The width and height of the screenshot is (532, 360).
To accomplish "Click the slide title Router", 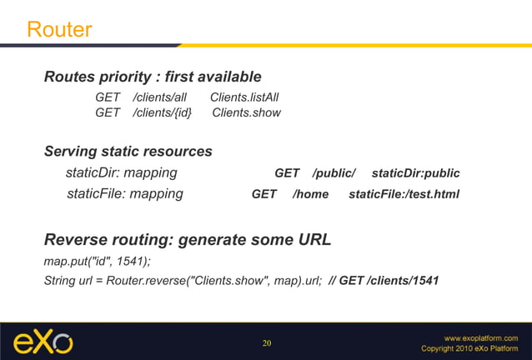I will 59,30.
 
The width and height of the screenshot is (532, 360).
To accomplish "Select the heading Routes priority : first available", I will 153,77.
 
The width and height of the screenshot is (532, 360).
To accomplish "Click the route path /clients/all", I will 160,97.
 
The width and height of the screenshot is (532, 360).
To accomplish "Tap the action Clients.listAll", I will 244,97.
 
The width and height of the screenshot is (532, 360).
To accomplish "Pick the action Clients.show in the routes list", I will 247,112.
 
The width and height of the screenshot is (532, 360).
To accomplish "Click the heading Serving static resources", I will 128,152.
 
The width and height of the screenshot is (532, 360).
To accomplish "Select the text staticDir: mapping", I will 121,173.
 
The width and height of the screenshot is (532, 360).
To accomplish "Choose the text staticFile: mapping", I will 125,194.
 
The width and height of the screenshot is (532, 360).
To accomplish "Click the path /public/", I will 334,173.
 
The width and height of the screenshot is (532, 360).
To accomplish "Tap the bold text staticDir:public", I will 415,173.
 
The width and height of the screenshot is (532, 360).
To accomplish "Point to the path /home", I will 311,194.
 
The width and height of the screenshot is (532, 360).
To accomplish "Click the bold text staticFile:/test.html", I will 404,194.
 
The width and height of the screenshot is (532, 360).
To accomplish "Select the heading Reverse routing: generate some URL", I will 188,240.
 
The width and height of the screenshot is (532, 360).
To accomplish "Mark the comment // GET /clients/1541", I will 384,280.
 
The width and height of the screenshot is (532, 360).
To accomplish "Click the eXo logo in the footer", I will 43,342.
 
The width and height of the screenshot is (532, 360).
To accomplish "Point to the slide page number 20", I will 267,343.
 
